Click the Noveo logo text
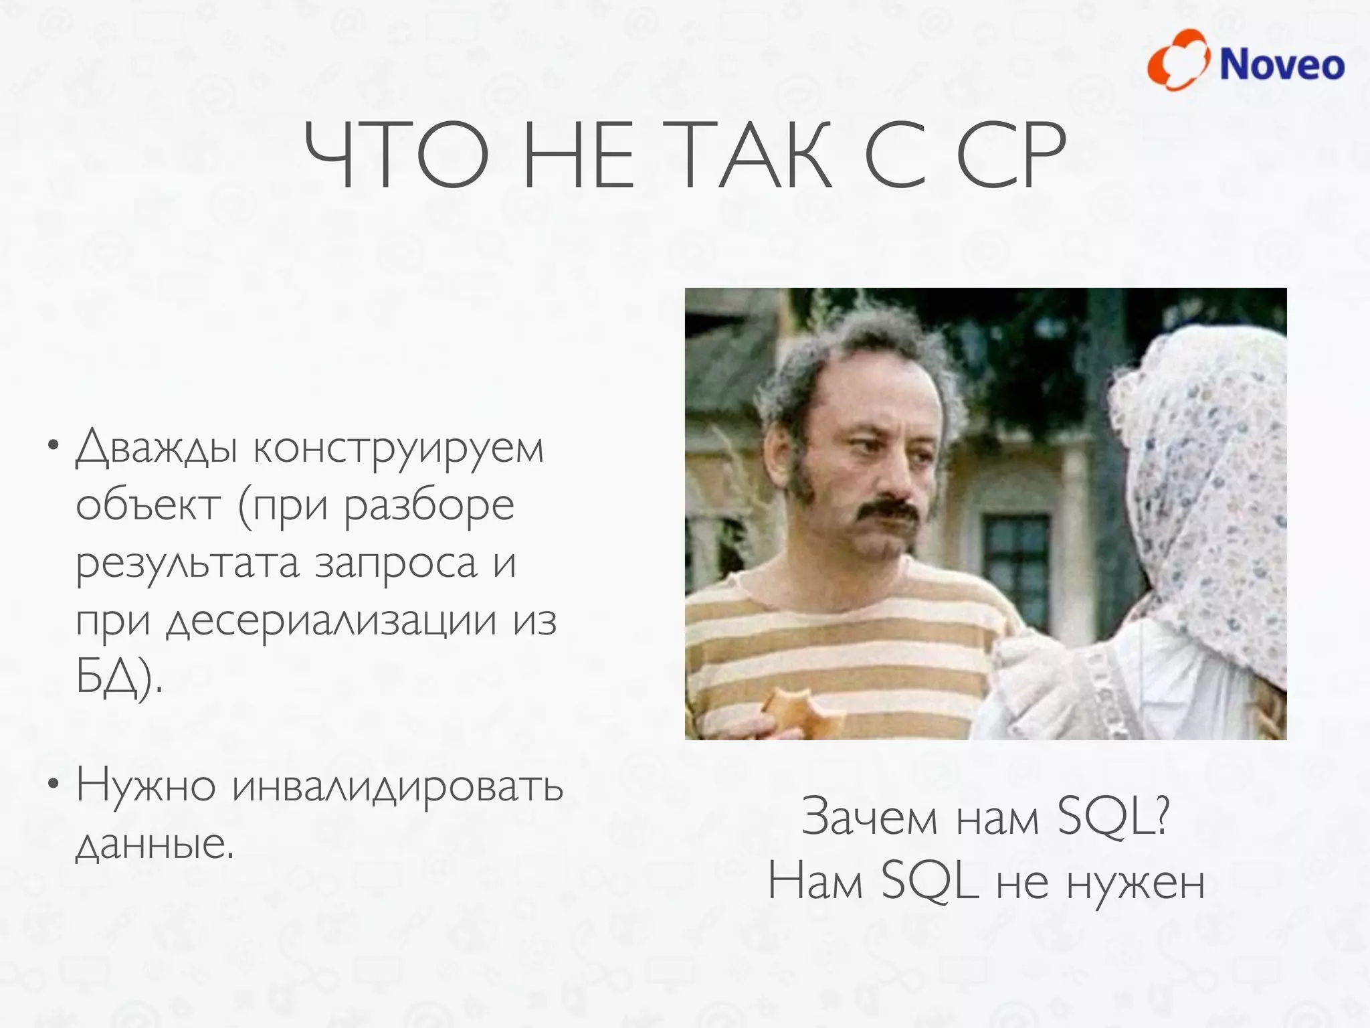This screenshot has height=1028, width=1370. click(x=1281, y=65)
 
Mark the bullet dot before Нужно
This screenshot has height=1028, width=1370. click(x=53, y=784)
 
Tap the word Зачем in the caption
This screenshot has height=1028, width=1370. click(x=869, y=817)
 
